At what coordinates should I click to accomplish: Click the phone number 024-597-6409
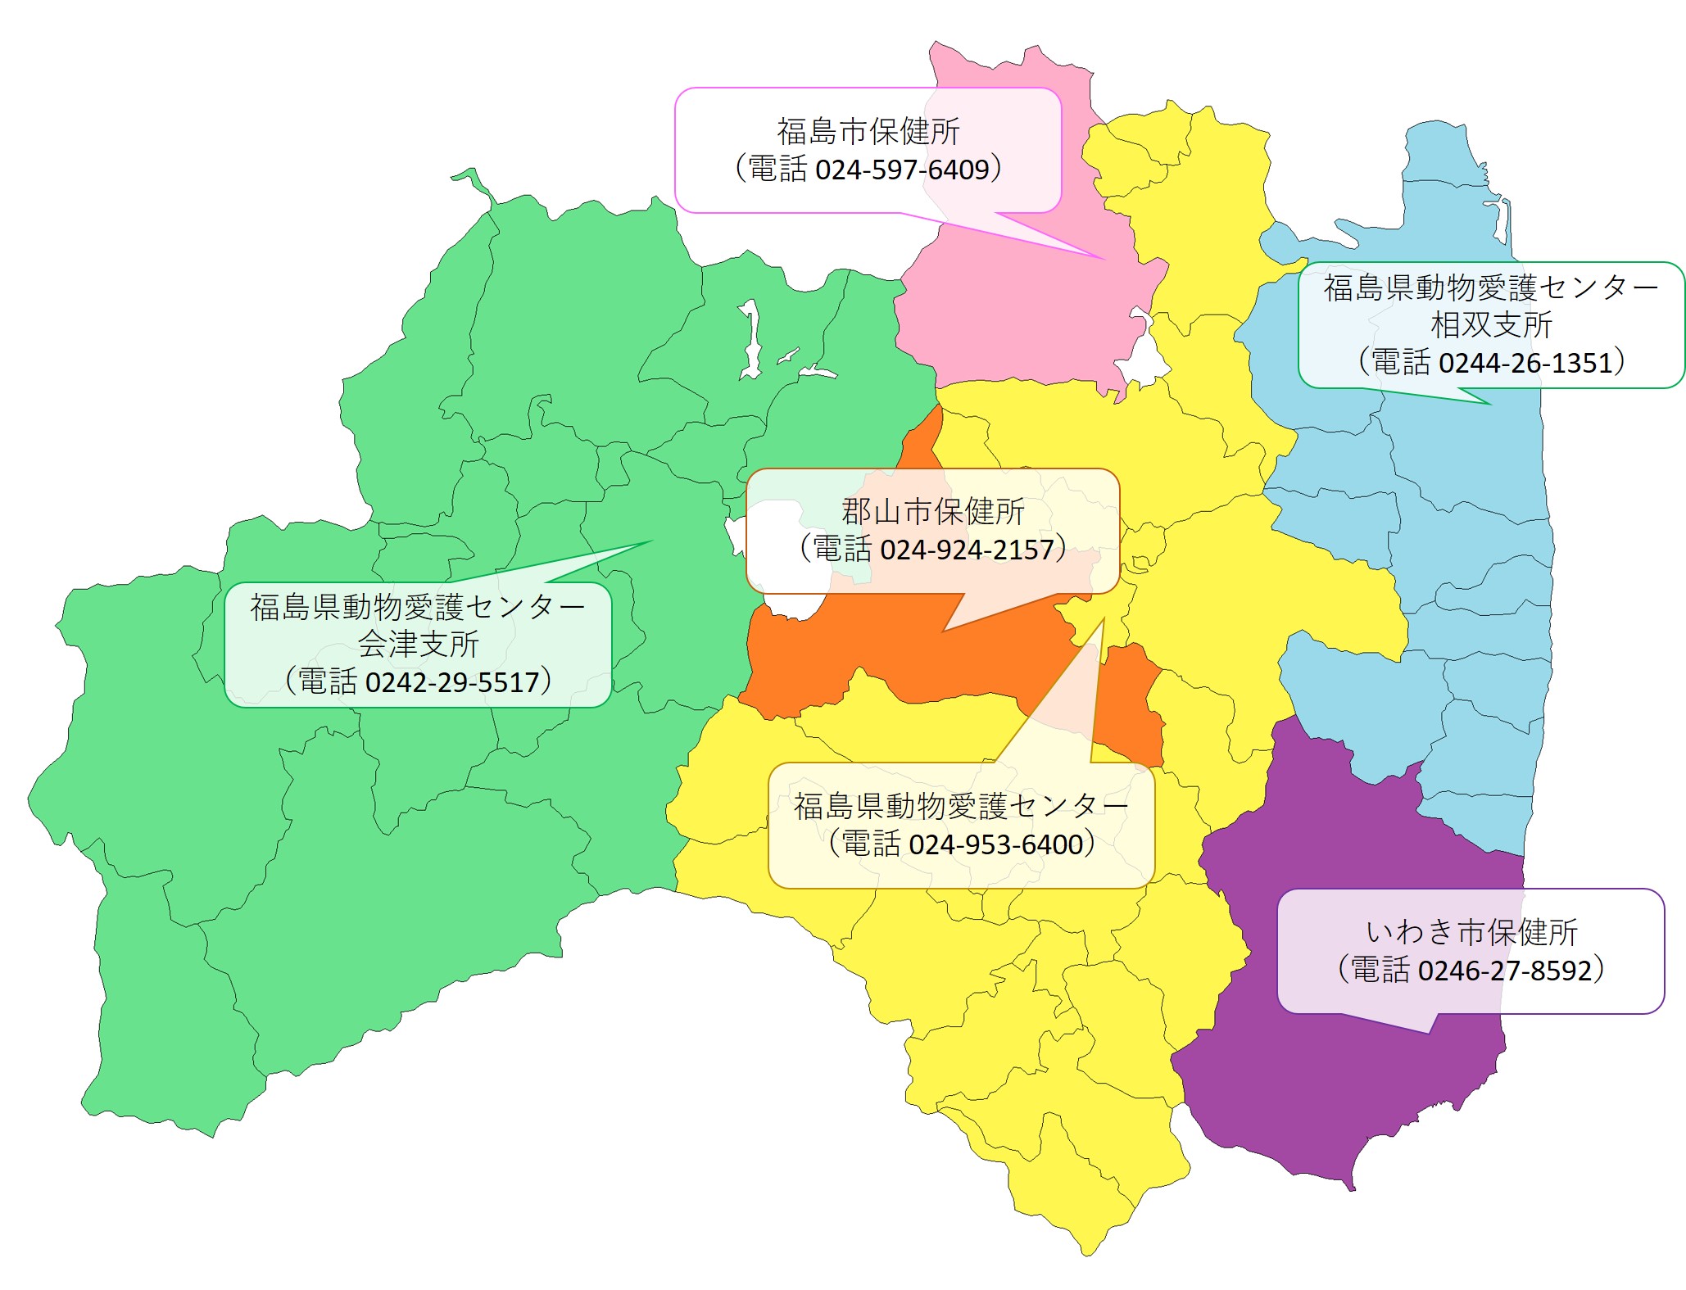tap(902, 170)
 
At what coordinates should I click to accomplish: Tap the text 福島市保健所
tap(868, 131)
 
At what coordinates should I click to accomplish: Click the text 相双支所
tap(1491, 325)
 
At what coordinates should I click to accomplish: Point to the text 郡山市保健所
tap(932, 512)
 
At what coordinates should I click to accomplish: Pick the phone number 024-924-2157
tap(967, 550)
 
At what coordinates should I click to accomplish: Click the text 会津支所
tap(418, 645)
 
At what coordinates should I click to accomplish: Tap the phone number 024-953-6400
tap(995, 844)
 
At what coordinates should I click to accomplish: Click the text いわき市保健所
tap(1471, 932)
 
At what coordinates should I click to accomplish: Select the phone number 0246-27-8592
tap(1504, 971)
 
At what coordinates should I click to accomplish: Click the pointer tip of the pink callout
tap(1104, 259)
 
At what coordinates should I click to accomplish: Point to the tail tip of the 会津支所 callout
tap(651, 541)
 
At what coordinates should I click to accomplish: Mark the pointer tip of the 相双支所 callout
tap(1489, 404)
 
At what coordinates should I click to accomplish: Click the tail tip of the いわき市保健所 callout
tap(1430, 1033)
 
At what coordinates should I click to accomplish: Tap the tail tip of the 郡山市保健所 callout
tap(945, 631)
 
